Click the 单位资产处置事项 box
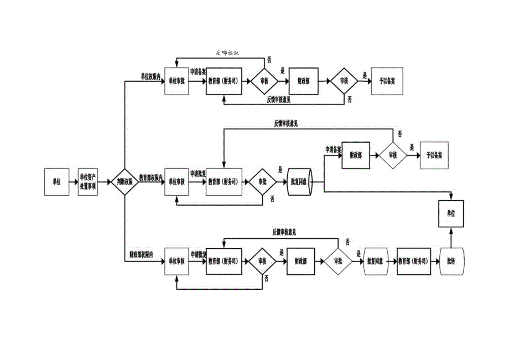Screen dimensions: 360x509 pyautogui.click(x=88, y=181)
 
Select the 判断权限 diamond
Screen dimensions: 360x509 pyautogui.click(x=124, y=181)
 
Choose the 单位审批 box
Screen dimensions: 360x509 pyautogui.click(x=177, y=80)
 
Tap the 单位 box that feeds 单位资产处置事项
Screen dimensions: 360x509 pyautogui.click(x=56, y=181)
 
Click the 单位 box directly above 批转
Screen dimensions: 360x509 pyautogui.click(x=450, y=213)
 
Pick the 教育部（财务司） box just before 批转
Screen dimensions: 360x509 pyautogui.click(x=413, y=261)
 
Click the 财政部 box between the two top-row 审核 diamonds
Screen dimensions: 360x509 pyautogui.click(x=304, y=80)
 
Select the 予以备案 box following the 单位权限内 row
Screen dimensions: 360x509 pyautogui.click(x=387, y=80)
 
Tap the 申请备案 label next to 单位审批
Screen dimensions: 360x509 pyautogui.click(x=198, y=72)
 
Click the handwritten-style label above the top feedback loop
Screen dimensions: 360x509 pyautogui.click(x=227, y=53)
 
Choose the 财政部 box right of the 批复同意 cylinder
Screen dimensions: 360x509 pyautogui.click(x=356, y=156)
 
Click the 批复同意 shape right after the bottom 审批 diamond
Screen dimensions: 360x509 pyautogui.click(x=378, y=261)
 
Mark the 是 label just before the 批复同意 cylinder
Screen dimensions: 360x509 pyautogui.click(x=280, y=170)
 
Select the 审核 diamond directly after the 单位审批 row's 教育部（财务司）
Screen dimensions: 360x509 pyautogui.click(x=264, y=80)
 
